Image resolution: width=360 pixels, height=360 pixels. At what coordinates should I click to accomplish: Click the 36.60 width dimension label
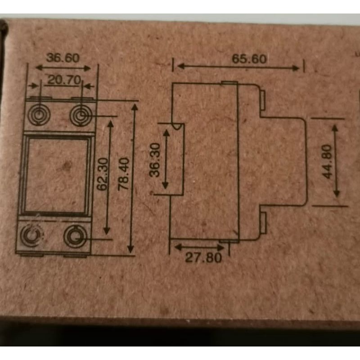tap(63, 58)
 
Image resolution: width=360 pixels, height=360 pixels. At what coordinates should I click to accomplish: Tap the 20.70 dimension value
tap(63, 81)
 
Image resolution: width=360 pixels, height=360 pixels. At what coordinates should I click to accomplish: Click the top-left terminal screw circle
tap(37, 116)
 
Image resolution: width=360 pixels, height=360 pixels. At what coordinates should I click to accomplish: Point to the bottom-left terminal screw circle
tap(32, 235)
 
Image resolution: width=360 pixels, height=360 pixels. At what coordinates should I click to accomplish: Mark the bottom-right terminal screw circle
tap(75, 235)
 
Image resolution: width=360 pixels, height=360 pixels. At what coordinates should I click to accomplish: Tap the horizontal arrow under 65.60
tap(238, 67)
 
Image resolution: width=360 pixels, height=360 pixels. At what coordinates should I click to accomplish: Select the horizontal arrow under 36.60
tap(63, 67)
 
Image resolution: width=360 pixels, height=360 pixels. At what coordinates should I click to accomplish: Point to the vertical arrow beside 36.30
tap(165, 157)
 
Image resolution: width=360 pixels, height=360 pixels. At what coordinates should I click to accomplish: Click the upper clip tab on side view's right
tap(263, 97)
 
